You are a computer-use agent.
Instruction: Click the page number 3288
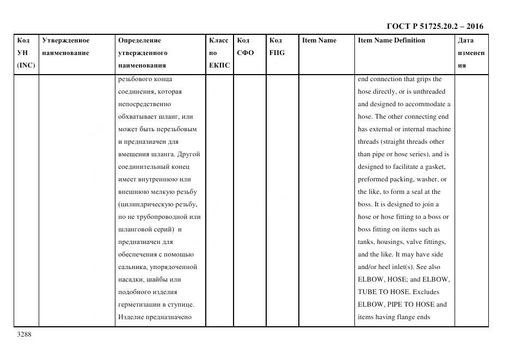click(x=24, y=334)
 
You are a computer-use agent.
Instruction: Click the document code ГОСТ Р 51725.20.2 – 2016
click(x=434, y=26)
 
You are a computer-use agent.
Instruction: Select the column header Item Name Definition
click(x=391, y=40)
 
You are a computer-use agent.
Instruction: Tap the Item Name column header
click(x=319, y=40)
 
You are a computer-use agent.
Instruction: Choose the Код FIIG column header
click(x=277, y=46)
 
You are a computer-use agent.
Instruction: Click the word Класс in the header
click(x=219, y=40)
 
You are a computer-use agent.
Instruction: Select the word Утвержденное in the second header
click(x=65, y=40)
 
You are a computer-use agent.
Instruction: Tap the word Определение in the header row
click(x=139, y=40)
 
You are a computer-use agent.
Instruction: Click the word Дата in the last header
click(x=465, y=40)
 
